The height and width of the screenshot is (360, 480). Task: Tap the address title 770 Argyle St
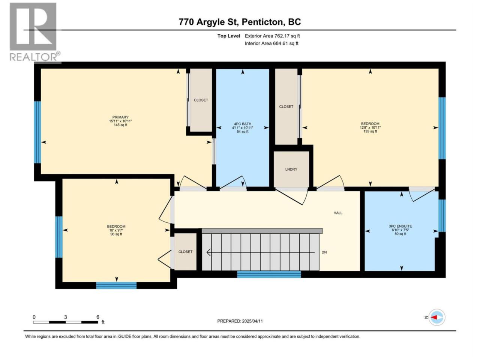pyautogui.click(x=208, y=22)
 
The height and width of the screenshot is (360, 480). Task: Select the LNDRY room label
pyautogui.click(x=291, y=169)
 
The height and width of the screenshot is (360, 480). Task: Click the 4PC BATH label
pyautogui.click(x=243, y=124)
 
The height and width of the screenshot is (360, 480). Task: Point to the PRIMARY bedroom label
pyautogui.click(x=120, y=117)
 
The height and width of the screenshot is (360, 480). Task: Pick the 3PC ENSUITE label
pyautogui.click(x=400, y=226)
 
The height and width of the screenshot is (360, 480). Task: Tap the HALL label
pyautogui.click(x=338, y=213)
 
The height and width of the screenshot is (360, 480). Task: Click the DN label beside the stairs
pyautogui.click(x=324, y=252)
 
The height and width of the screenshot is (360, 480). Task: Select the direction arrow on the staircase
pyautogui.click(x=261, y=252)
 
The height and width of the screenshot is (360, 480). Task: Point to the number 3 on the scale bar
pyautogui.click(x=65, y=317)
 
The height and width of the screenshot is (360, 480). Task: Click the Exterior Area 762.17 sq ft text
pyautogui.click(x=272, y=36)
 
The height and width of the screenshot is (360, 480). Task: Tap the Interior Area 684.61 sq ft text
pyautogui.click(x=271, y=43)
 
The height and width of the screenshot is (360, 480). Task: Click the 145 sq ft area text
pyautogui.click(x=120, y=125)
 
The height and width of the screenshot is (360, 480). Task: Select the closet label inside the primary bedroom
pyautogui.click(x=201, y=100)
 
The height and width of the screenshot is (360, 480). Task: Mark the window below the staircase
pyautogui.click(x=269, y=274)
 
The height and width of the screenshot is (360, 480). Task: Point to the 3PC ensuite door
pyautogui.click(x=421, y=195)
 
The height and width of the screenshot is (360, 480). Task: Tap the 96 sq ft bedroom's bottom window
pyautogui.click(x=116, y=285)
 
